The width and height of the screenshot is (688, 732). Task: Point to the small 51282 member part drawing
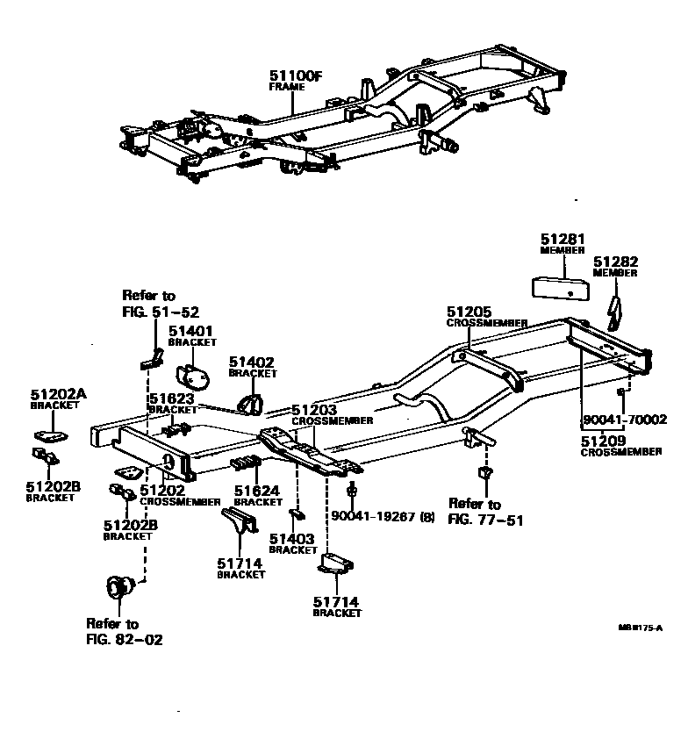[618, 310]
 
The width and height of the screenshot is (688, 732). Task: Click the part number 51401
[190, 331]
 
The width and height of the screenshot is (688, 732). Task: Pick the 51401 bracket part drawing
[194, 376]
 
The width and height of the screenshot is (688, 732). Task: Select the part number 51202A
[58, 395]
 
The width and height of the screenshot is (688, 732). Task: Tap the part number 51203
[313, 410]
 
